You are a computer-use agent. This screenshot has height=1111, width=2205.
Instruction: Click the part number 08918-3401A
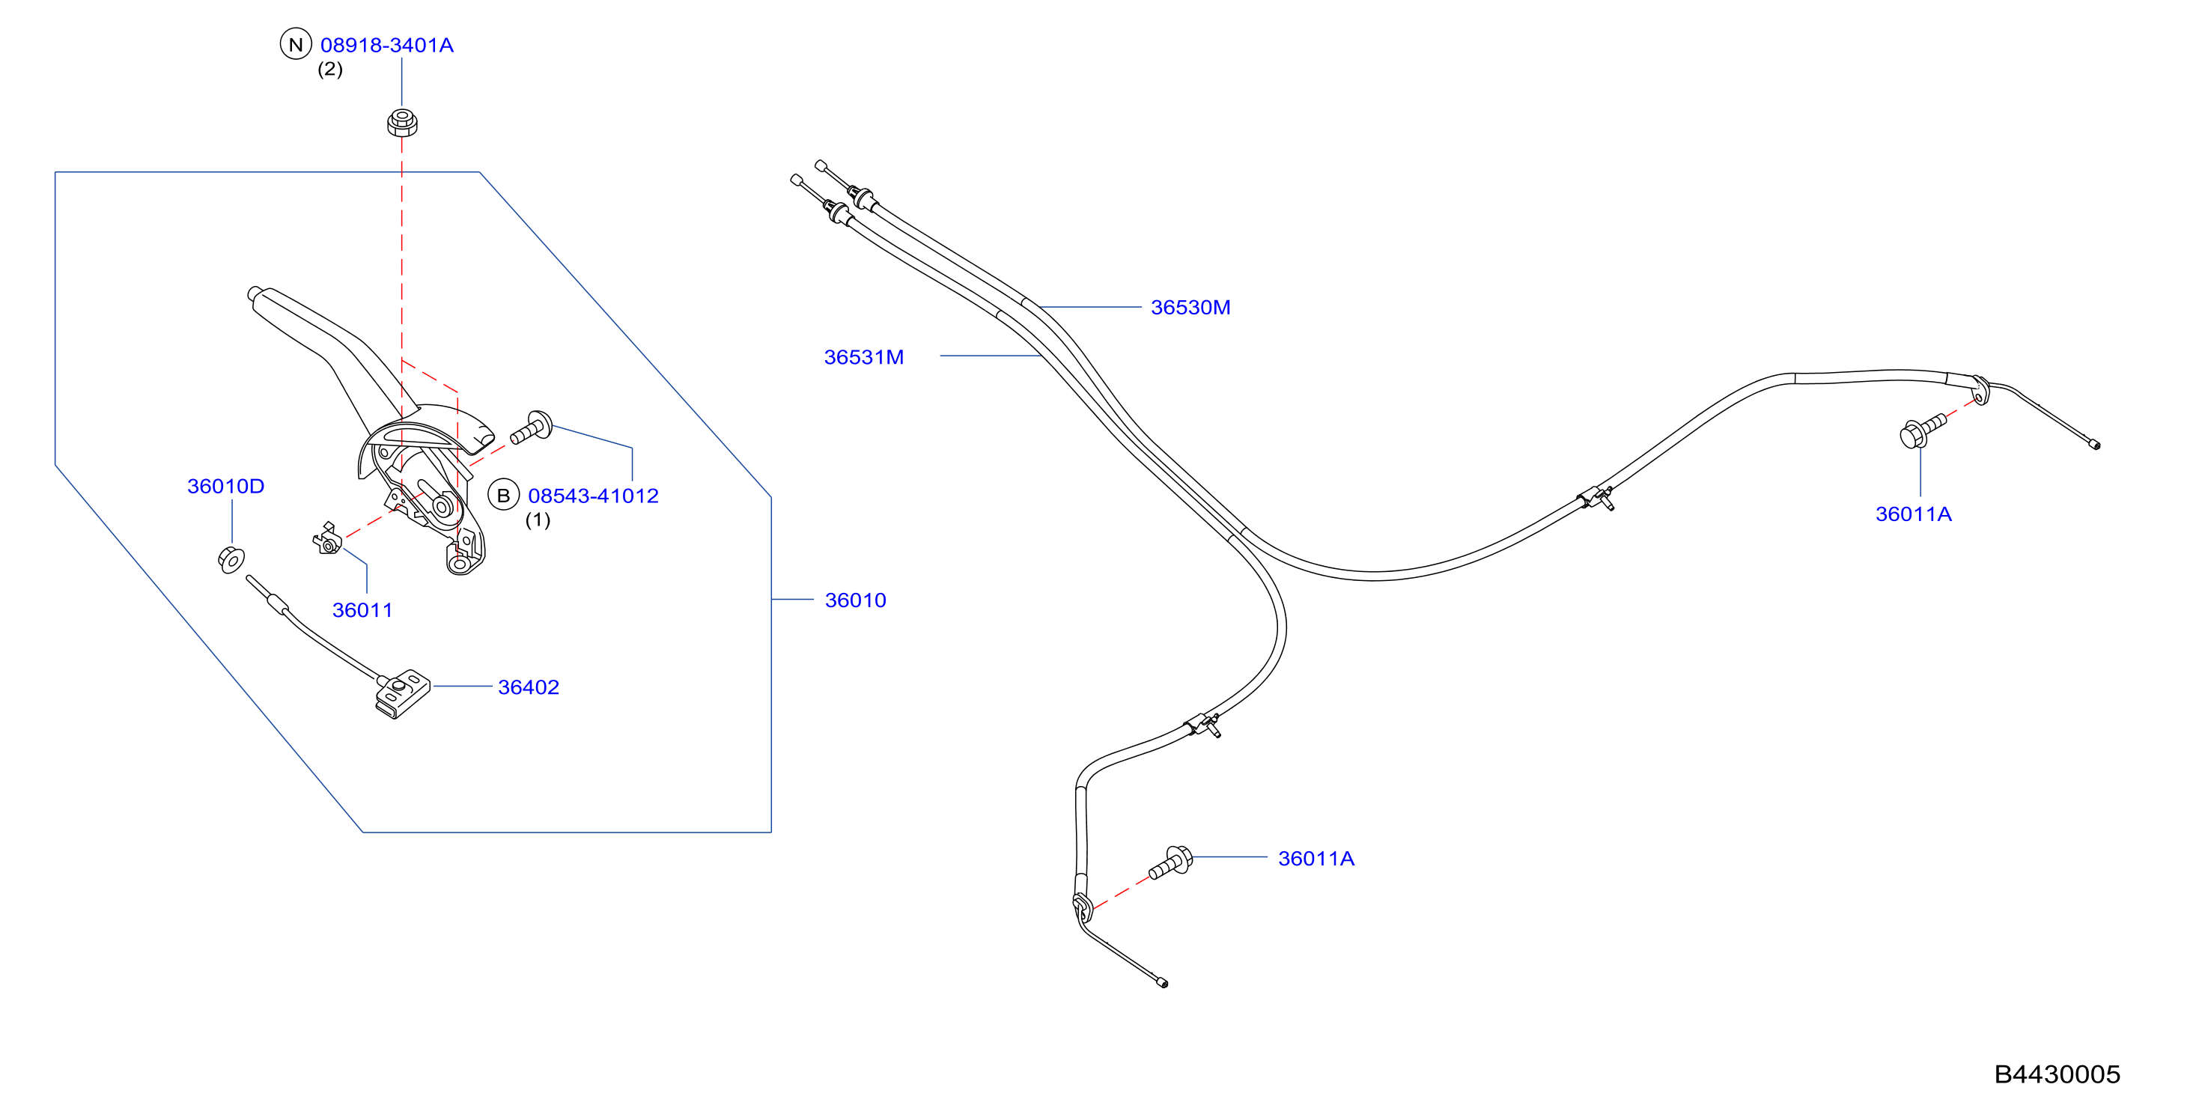coord(387,46)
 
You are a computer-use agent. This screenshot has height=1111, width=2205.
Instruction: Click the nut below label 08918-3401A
coord(401,122)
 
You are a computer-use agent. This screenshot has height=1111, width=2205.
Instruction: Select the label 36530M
coord(1190,307)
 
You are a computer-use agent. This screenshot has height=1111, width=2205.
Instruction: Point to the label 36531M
coord(864,357)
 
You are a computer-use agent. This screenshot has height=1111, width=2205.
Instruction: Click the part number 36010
coord(855,600)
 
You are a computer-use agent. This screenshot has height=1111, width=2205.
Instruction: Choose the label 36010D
coord(226,486)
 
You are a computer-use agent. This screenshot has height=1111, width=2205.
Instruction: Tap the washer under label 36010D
coord(231,559)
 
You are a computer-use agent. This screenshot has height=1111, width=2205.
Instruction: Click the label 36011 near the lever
coord(362,610)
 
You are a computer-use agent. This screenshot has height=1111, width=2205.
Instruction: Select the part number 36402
coord(528,687)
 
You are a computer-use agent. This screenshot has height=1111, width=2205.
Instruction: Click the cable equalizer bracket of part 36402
coord(401,693)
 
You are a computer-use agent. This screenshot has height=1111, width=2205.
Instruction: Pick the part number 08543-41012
coord(593,496)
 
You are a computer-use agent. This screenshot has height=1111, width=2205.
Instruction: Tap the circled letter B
coord(503,495)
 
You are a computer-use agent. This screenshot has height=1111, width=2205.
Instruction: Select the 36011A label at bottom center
coord(1316,859)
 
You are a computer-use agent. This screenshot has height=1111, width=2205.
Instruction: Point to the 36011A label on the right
coord(1913,514)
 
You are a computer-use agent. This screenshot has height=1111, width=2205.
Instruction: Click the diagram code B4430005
coord(2057,1074)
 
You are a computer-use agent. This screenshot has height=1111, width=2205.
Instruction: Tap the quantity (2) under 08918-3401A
coord(330,70)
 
